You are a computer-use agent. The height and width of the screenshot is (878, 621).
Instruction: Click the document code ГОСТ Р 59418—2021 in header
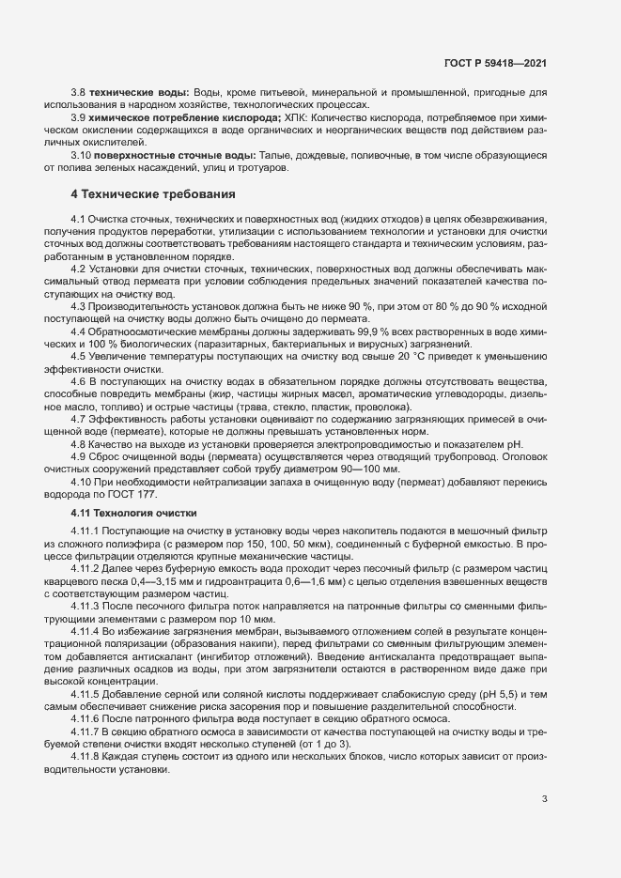[495, 64]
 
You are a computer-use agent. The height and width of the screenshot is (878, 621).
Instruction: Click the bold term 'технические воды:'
[141, 93]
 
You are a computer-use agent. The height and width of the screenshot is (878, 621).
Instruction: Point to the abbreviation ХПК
[295, 118]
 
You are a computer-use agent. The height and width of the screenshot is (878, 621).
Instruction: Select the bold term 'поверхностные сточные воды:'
[173, 154]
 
